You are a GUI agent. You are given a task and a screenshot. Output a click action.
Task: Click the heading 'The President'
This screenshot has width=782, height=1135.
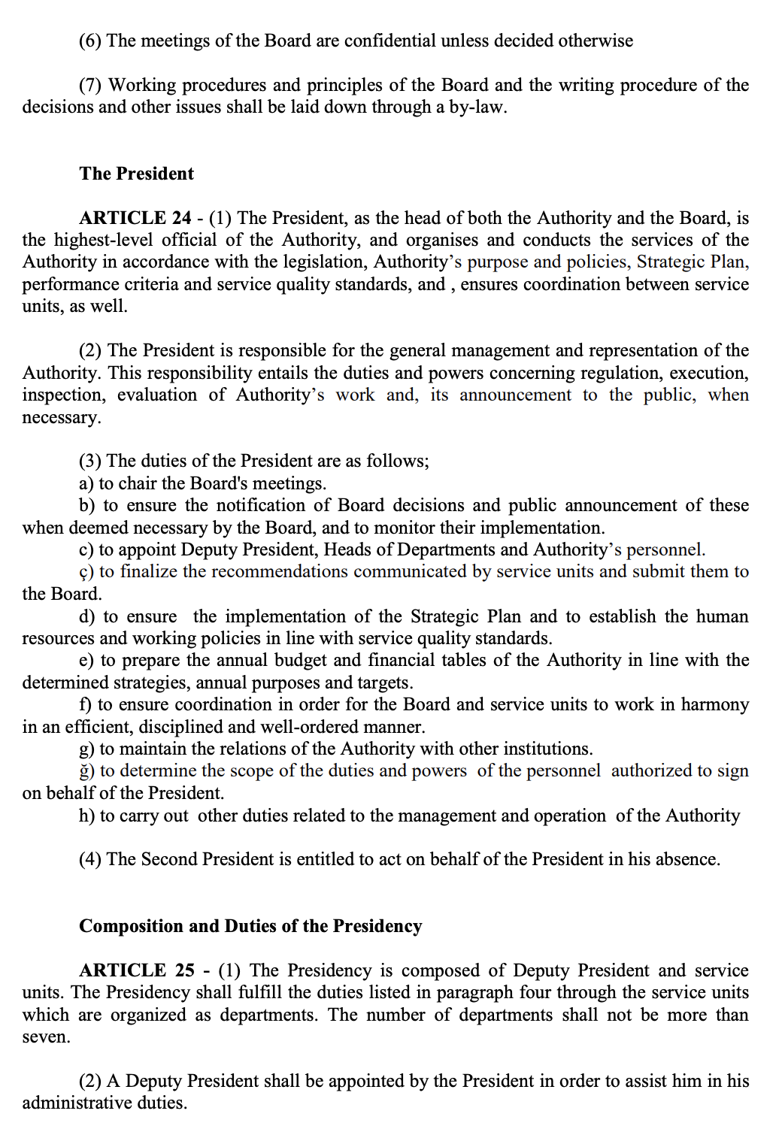tap(136, 174)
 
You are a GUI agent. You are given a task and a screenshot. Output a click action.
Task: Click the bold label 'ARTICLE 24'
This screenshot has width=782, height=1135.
tap(135, 218)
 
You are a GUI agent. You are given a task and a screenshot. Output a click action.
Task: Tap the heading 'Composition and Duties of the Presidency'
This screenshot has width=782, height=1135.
tap(250, 926)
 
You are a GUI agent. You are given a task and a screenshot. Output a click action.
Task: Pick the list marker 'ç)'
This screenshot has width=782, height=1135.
tap(86, 572)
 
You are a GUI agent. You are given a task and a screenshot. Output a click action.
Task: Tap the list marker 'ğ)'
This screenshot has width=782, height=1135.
tap(86, 771)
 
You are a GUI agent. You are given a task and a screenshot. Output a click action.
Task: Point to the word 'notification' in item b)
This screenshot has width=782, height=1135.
tap(260, 505)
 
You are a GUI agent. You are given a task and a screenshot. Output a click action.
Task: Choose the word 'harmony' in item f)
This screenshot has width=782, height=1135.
tap(714, 704)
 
